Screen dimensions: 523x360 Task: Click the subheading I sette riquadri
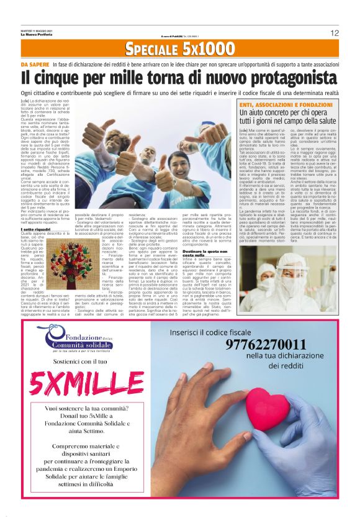(x=36, y=229)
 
